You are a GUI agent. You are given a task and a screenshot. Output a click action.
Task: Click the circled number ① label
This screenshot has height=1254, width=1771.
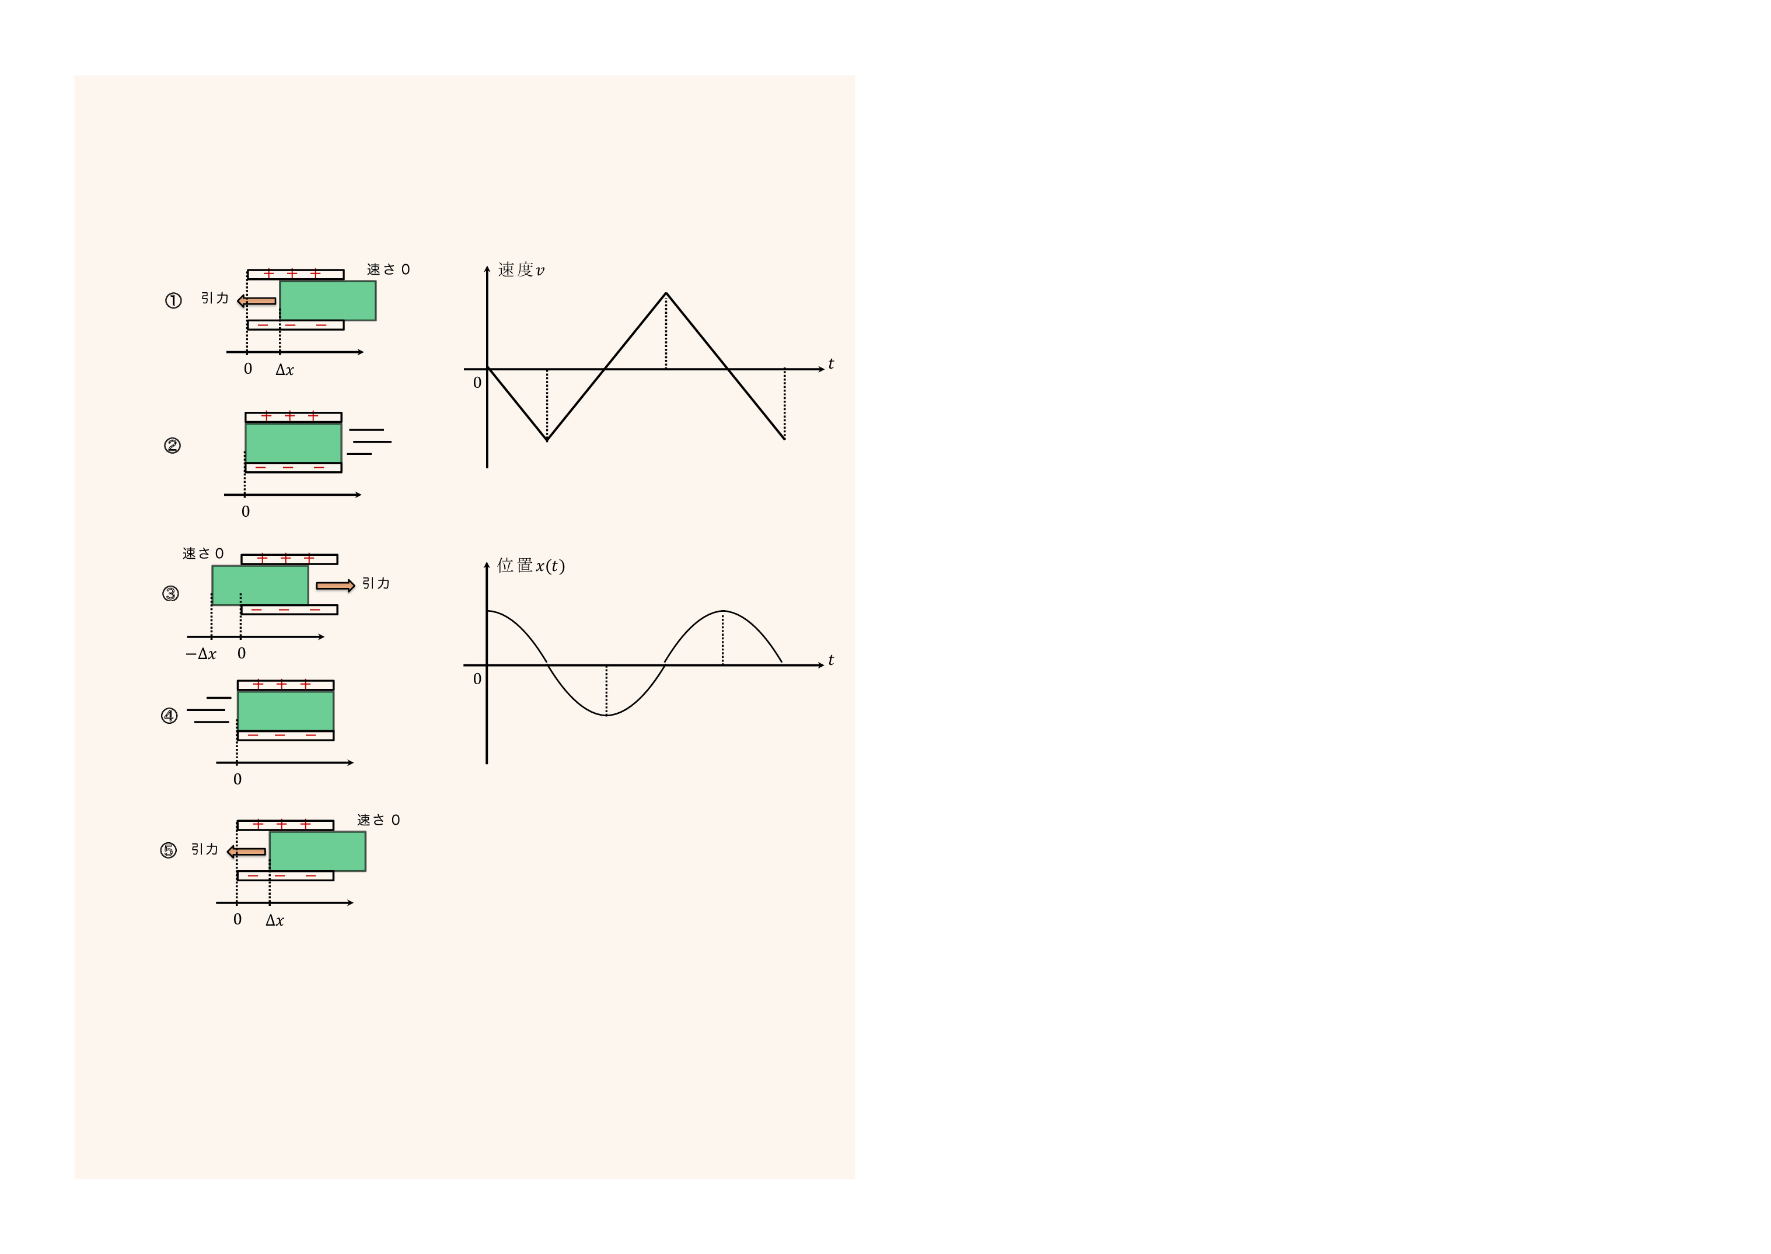173,300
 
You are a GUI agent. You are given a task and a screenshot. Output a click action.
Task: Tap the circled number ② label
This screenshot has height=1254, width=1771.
172,446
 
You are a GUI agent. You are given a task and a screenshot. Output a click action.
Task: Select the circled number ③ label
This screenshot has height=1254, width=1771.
171,593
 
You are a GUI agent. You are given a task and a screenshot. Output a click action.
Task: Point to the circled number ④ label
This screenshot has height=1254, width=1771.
169,716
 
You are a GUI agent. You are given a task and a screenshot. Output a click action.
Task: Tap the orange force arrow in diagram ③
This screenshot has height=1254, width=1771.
335,586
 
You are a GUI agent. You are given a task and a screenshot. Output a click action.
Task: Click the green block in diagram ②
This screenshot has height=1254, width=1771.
294,443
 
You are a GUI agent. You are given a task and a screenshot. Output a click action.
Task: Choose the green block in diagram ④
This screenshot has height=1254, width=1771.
286,710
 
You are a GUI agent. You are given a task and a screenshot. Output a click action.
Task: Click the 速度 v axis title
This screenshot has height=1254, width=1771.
521,269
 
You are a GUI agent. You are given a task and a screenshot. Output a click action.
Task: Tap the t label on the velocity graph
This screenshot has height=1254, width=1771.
831,364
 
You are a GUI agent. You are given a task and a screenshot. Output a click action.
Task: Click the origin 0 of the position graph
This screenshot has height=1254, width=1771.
477,679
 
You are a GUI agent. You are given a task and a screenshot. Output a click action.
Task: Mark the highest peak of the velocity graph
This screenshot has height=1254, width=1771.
666,293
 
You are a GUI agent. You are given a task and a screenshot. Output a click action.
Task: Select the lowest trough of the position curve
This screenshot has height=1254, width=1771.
606,715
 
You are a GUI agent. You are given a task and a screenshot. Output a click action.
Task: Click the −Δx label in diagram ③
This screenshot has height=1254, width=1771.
201,654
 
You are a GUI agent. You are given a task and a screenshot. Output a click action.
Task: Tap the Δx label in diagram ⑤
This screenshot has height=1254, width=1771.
275,920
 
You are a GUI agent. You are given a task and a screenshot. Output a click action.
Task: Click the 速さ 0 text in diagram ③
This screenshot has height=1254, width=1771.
203,554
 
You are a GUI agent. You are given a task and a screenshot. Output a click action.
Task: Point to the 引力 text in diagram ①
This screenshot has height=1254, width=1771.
215,298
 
